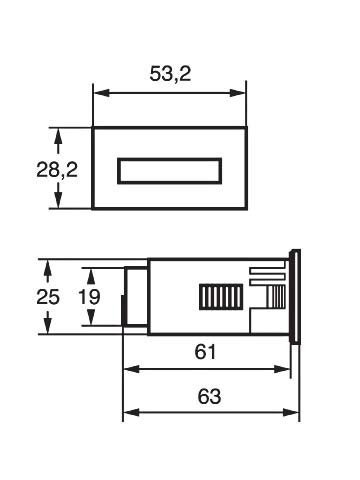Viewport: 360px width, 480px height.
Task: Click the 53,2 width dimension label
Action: point(170,74)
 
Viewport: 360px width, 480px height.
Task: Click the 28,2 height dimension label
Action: point(57,169)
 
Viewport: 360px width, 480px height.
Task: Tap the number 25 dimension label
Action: point(48,297)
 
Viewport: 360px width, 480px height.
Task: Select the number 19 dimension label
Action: point(89,297)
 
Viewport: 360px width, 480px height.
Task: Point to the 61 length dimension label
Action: point(205,352)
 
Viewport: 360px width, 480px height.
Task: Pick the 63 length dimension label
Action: point(209,396)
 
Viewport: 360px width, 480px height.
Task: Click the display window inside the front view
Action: point(170,171)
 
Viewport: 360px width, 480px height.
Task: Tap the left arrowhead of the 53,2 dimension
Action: point(101,93)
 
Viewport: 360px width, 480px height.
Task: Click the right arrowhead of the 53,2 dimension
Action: point(238,93)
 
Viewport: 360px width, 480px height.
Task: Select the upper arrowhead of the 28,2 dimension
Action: point(58,136)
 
